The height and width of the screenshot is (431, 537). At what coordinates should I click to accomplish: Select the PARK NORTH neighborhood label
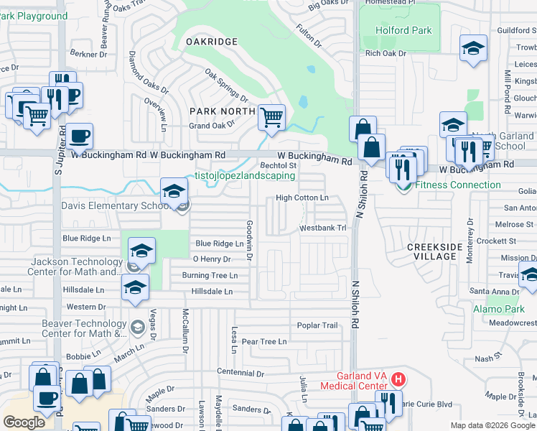pyautogui.click(x=222, y=111)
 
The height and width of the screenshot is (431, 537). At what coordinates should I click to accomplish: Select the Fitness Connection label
pyautogui.click(x=457, y=185)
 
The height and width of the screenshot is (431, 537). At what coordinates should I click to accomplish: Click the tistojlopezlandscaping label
pyautogui.click(x=245, y=176)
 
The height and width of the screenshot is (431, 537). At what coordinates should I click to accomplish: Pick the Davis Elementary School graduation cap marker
pyautogui.click(x=173, y=192)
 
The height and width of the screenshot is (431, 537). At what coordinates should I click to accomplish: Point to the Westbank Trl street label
pyautogui.click(x=323, y=228)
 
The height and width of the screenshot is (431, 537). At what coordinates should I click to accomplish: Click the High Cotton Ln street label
pyautogui.click(x=302, y=198)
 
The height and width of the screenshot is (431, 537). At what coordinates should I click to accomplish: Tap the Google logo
pyautogui.click(x=24, y=422)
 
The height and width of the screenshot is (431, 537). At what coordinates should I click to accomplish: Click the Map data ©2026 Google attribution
pyautogui.click(x=492, y=425)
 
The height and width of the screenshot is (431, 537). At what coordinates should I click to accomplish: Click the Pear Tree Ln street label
pyautogui.click(x=264, y=342)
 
